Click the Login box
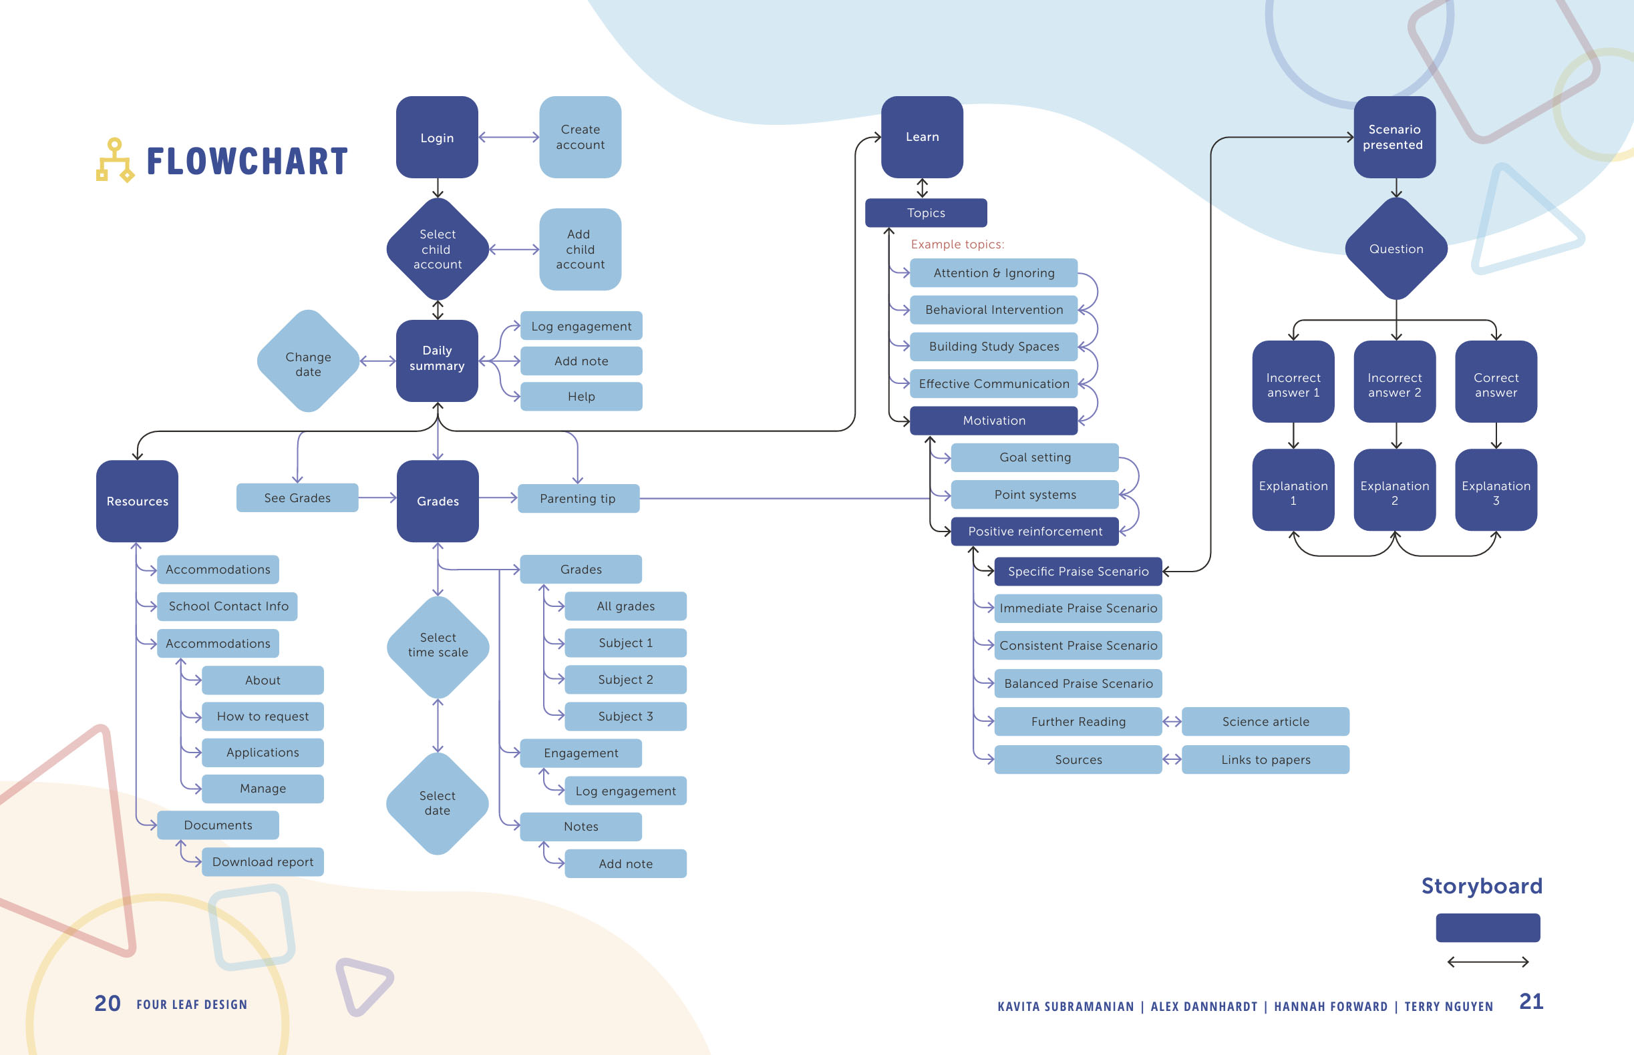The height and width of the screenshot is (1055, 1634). (437, 137)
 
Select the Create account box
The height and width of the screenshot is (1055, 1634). (580, 137)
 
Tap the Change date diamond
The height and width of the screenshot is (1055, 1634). (308, 361)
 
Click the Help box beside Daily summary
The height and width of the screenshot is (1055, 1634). (581, 397)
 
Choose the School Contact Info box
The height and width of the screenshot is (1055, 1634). (228, 606)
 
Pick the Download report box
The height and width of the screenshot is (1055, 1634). (263, 862)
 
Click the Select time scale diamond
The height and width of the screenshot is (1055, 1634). (438, 646)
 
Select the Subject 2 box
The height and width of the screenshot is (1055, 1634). (625, 680)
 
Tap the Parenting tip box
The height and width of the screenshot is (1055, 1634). (578, 499)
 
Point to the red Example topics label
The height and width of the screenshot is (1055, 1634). (957, 244)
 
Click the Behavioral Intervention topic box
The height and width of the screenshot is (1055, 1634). (993, 310)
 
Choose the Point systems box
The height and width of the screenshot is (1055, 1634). (1034, 495)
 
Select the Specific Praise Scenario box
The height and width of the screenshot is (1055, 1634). (1078, 572)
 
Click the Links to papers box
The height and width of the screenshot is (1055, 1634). (1265, 760)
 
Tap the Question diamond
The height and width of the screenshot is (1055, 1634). (1396, 248)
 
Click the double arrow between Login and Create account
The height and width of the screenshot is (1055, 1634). (508, 137)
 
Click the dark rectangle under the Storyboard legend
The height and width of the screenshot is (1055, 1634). (1487, 927)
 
